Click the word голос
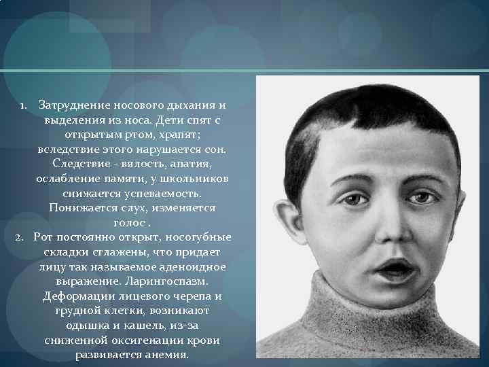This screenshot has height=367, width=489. (131, 222)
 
